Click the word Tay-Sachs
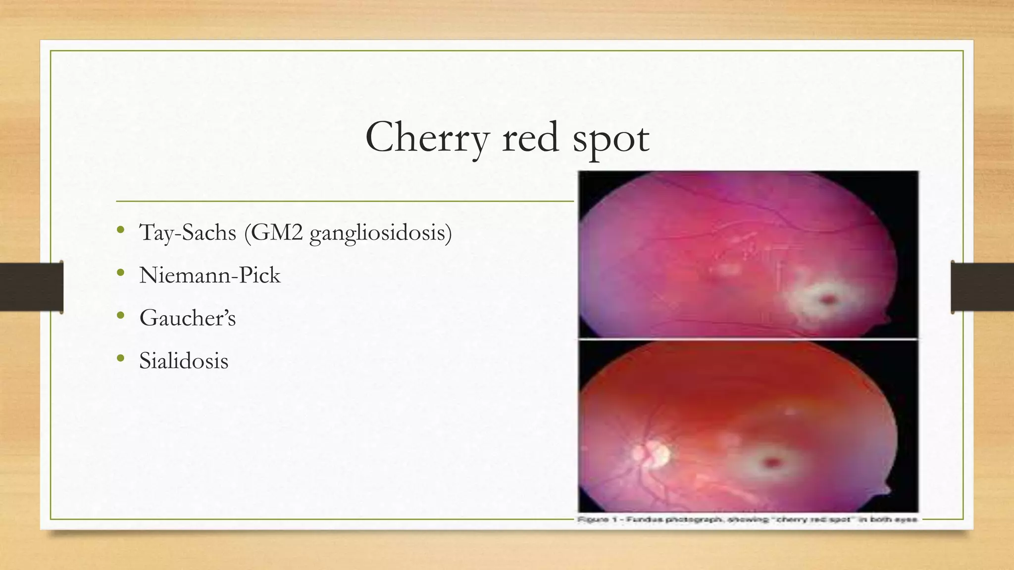pos(188,233)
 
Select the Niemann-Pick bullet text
pos(209,275)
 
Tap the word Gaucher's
pos(187,318)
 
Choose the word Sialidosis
pos(184,361)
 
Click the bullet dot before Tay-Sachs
pos(120,231)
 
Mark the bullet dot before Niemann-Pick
pos(120,273)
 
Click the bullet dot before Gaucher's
pos(120,316)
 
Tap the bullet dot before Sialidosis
pos(120,359)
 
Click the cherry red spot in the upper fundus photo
pos(828,298)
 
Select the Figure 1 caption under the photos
pos(747,520)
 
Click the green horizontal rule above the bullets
pos(345,201)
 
